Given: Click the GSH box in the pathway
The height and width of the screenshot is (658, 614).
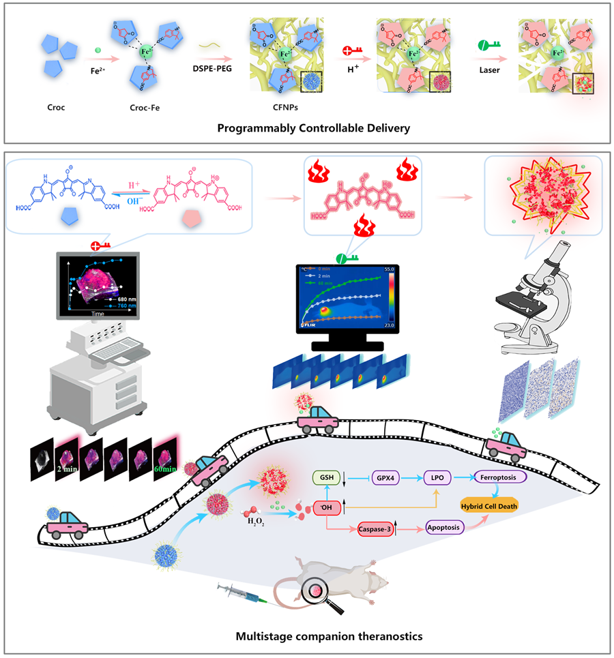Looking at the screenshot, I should (x=324, y=479).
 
